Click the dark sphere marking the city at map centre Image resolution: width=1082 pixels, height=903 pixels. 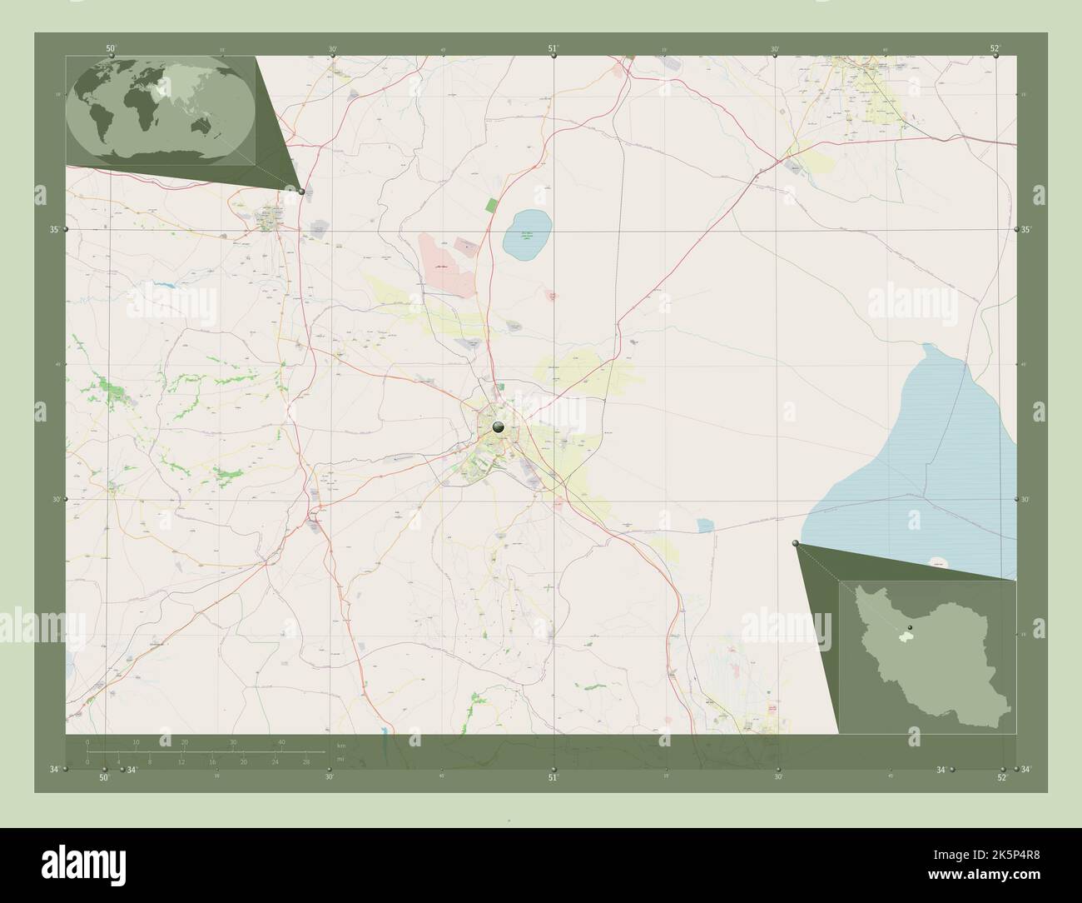499,427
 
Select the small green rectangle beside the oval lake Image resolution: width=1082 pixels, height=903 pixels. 491,204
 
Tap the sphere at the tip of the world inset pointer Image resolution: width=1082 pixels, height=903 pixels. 301,191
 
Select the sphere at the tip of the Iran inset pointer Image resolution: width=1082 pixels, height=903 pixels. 796,544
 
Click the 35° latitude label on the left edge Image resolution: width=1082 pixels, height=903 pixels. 54,229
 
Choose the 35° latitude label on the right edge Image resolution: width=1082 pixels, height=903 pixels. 1026,229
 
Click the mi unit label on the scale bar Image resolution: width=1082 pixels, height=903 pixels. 340,760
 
